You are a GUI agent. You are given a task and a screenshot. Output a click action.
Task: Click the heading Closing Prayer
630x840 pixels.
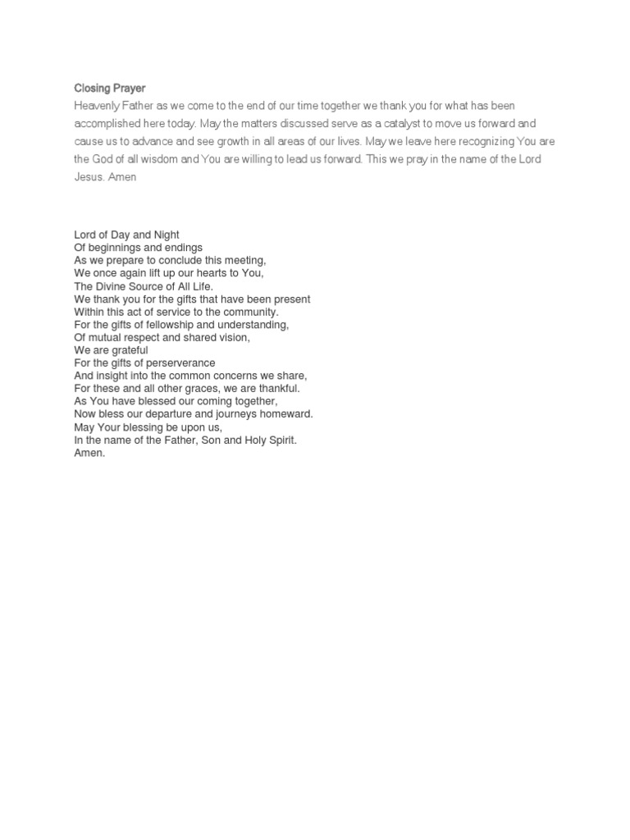(109, 88)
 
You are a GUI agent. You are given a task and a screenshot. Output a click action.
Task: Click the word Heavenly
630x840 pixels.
(95, 106)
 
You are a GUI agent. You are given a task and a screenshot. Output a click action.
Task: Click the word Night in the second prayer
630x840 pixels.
(165, 235)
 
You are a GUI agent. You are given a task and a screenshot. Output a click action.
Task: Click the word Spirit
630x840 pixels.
(279, 441)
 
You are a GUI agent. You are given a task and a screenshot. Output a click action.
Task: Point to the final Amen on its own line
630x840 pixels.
(89, 453)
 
